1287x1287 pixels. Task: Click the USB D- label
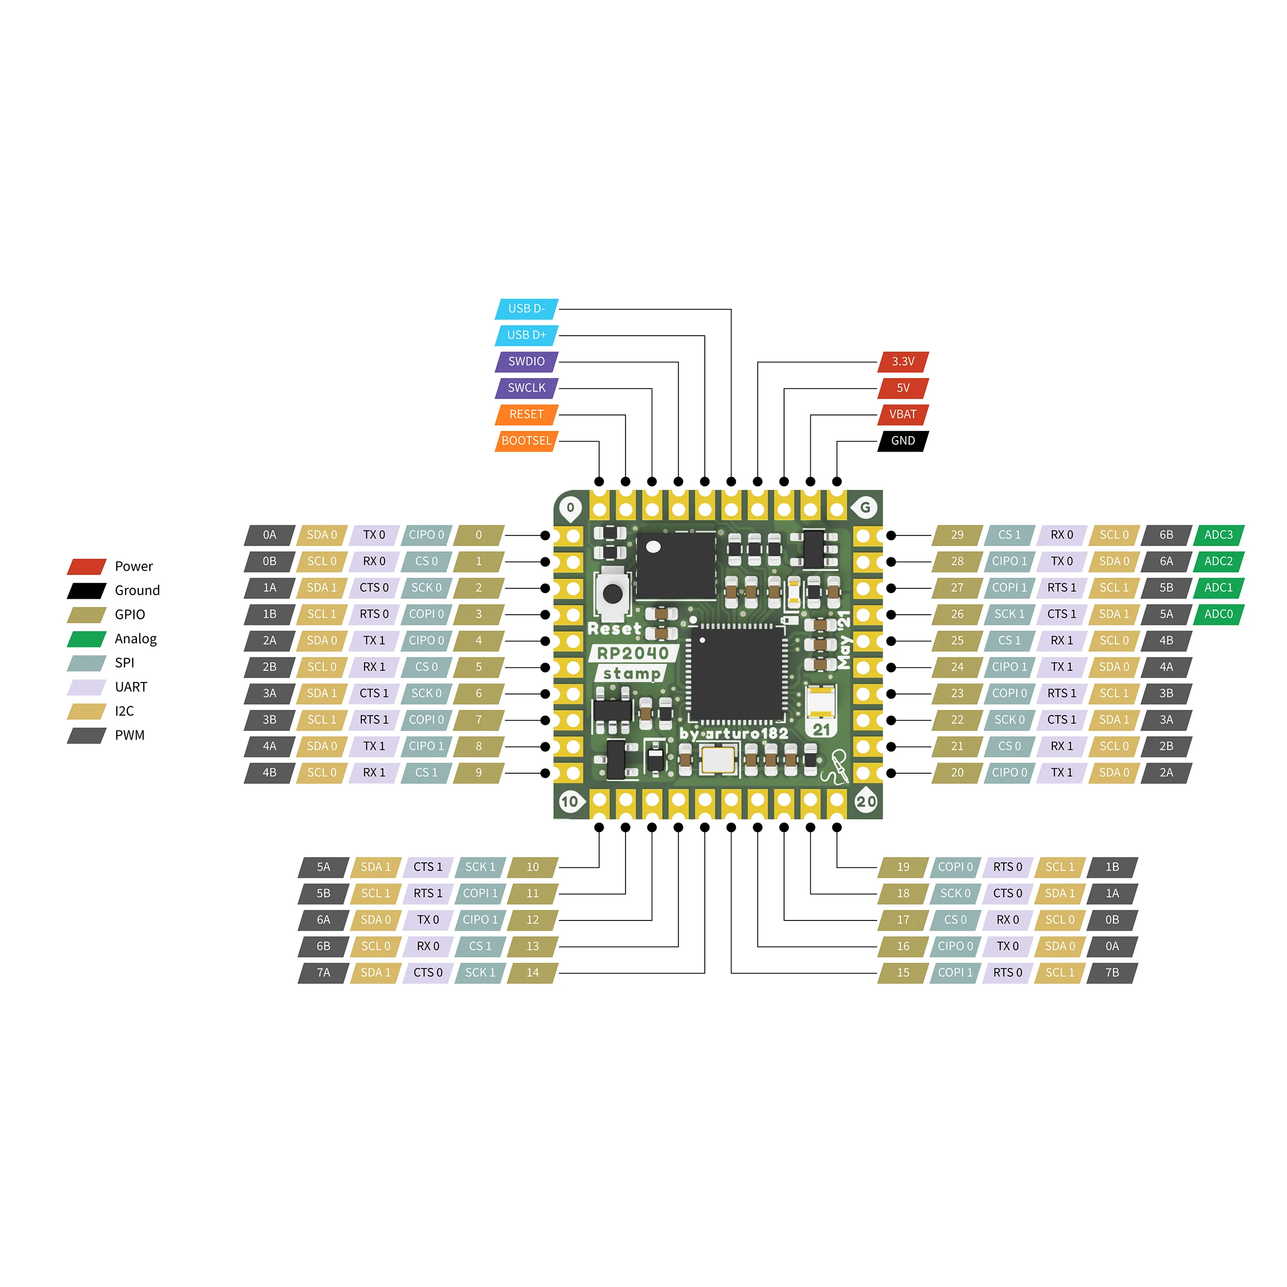pyautogui.click(x=526, y=308)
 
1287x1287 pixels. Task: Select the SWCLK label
pyautogui.click(x=526, y=388)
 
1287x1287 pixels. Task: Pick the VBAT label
pyautogui.click(x=903, y=414)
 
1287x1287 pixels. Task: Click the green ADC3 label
pyautogui.click(x=1219, y=534)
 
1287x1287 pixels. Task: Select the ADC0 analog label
pyautogui.click(x=1219, y=614)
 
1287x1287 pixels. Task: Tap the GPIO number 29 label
pyautogui.click(x=957, y=534)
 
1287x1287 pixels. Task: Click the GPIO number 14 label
pyautogui.click(x=532, y=972)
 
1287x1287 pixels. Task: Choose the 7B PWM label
pyautogui.click(x=1112, y=972)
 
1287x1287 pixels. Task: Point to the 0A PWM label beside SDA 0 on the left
pyautogui.click(x=269, y=534)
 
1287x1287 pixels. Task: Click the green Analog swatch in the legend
pyautogui.click(x=86, y=639)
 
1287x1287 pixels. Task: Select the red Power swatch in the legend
pyautogui.click(x=86, y=566)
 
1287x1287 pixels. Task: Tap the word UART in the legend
pyautogui.click(x=131, y=687)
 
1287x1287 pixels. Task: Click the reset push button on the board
pyautogui.click(x=612, y=593)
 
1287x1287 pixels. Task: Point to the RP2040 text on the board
pyautogui.click(x=632, y=653)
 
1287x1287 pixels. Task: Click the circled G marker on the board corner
pyautogui.click(x=865, y=508)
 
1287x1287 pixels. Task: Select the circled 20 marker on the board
pyautogui.click(x=866, y=802)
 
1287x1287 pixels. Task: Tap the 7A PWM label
pyautogui.click(x=323, y=972)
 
